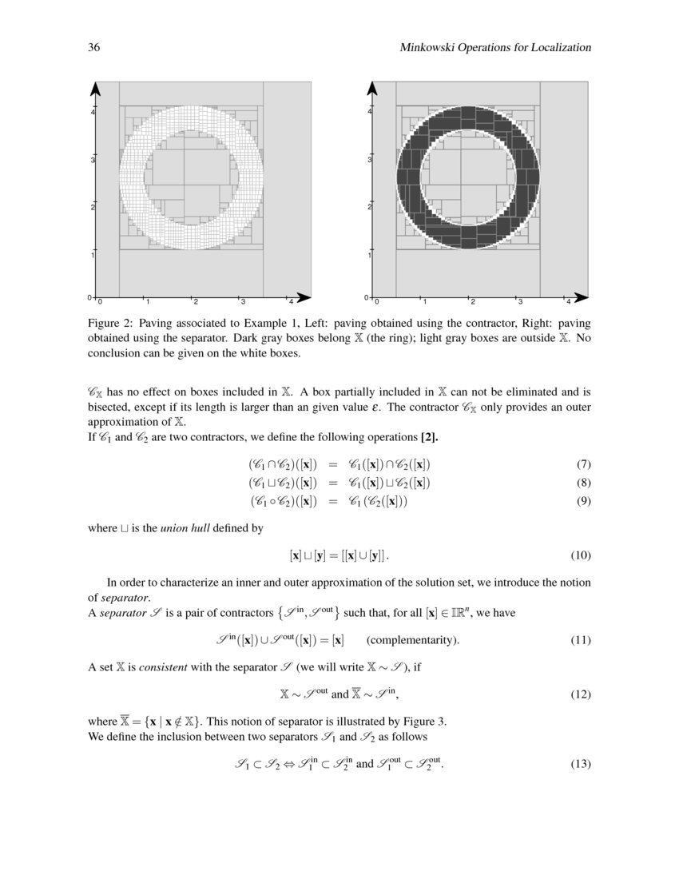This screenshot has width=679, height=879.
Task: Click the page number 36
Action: [93, 48]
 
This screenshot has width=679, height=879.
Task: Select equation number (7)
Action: [582, 464]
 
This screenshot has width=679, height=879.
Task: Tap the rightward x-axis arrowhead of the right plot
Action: [582, 297]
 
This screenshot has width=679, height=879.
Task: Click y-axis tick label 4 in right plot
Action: [370, 112]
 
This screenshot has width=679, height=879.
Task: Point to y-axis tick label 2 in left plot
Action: [93, 208]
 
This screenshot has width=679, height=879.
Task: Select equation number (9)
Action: [582, 501]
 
